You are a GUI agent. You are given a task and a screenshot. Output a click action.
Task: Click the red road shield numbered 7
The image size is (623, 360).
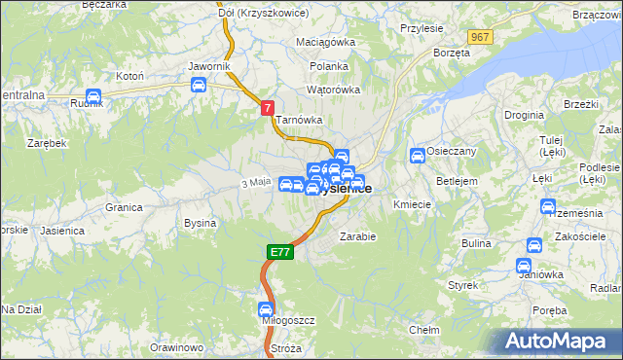click(x=268, y=110)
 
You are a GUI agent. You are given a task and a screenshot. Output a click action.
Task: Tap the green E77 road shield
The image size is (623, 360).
click(x=279, y=252)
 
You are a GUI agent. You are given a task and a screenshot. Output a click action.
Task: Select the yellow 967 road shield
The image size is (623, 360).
click(x=478, y=36)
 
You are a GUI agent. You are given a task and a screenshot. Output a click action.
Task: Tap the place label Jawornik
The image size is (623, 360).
click(x=208, y=66)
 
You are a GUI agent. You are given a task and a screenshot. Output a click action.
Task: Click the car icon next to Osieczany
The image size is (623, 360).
click(x=418, y=156)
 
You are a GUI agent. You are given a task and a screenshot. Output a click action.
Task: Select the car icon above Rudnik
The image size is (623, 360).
click(x=93, y=96)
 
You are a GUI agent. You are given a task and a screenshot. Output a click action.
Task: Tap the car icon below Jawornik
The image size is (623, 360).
click(x=199, y=85)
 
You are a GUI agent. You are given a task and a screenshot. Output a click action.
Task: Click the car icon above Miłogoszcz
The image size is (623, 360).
click(x=267, y=309)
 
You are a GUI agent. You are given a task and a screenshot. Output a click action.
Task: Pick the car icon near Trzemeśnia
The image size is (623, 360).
click(x=547, y=207)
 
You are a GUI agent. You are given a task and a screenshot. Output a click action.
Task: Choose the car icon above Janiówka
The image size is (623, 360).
click(x=531, y=244)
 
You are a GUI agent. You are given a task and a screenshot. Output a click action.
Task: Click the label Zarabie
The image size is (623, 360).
click(x=357, y=235)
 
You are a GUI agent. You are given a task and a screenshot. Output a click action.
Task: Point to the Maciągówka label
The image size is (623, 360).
click(x=325, y=42)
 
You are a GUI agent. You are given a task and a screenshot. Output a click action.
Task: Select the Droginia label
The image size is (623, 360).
click(x=524, y=115)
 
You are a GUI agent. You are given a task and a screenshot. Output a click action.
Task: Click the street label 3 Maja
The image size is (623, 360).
click(x=254, y=182)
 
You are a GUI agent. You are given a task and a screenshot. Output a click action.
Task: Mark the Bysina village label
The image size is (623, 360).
click(x=200, y=223)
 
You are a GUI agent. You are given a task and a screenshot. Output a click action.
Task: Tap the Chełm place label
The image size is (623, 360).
click(x=424, y=331)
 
